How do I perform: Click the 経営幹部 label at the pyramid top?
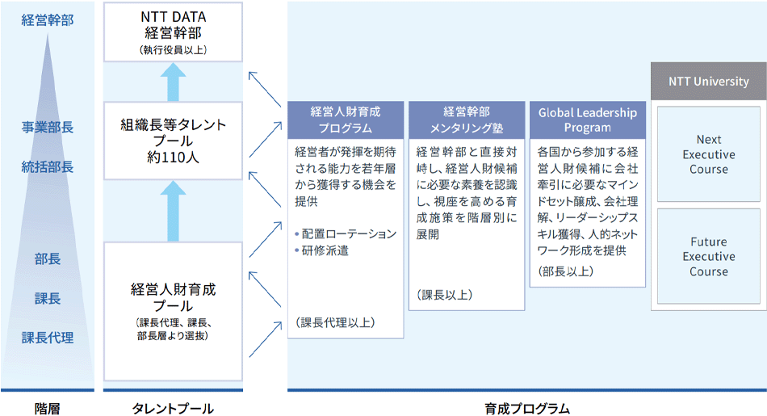coord(48,20)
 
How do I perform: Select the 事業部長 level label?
coord(48,127)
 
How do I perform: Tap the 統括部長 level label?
coord(48,167)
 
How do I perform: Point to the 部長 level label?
coord(48,259)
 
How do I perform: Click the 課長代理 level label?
coord(48,338)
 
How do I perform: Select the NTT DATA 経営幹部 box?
coord(173,32)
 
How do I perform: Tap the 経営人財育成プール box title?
coord(173,296)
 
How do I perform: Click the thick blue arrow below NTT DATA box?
coord(173,82)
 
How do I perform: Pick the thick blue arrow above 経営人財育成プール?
coord(173,211)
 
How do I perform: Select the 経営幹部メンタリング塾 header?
coord(466,120)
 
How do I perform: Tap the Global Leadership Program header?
coord(587,120)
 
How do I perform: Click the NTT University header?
coord(708,82)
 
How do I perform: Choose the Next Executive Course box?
coord(708,154)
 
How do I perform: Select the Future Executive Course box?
coord(708,257)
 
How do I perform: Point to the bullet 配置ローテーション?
coord(348,233)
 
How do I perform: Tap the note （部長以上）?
coord(565,271)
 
